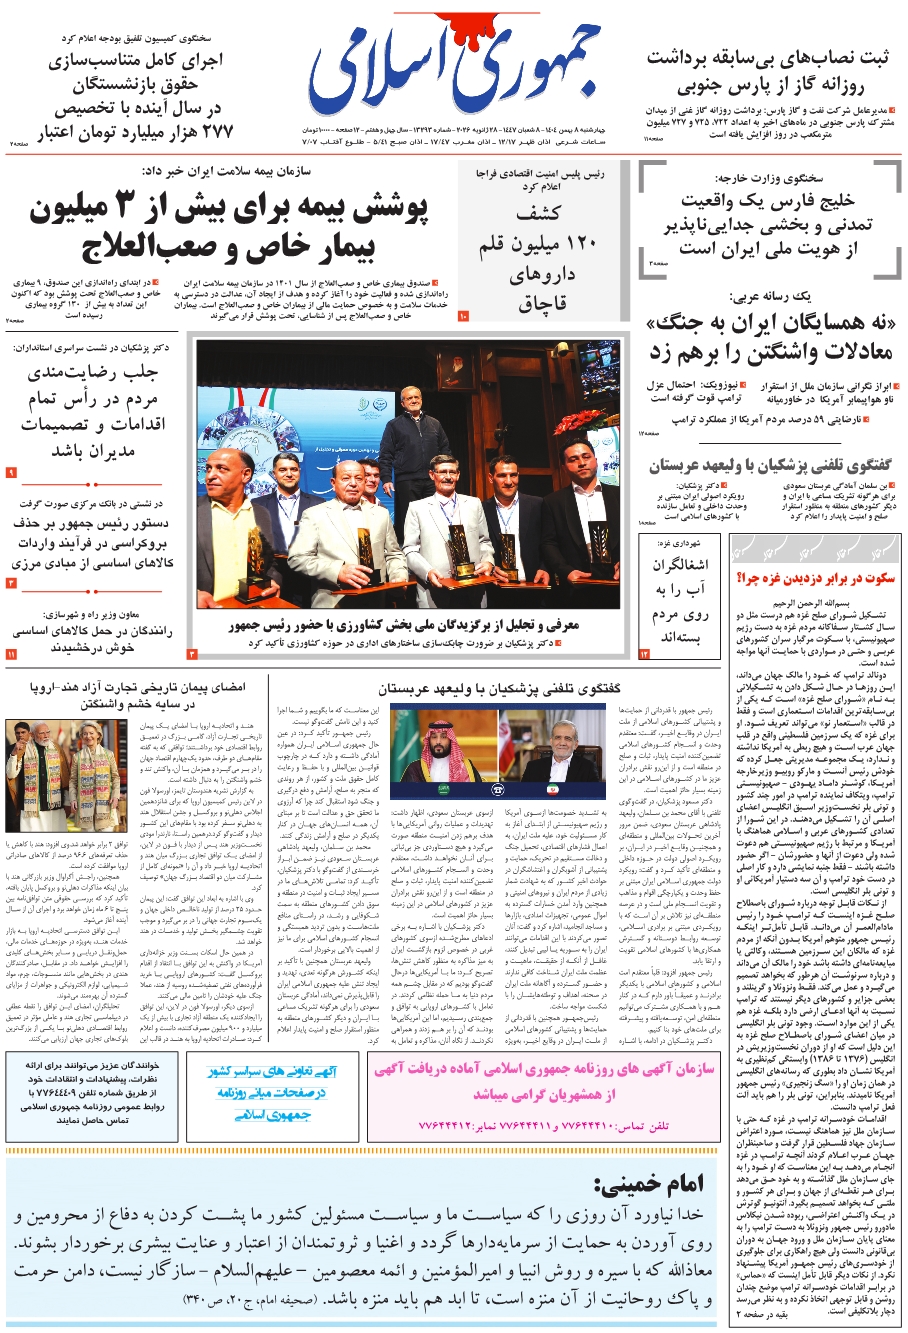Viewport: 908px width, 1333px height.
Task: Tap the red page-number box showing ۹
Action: [11, 472]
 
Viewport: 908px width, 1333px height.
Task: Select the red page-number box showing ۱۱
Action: [11, 654]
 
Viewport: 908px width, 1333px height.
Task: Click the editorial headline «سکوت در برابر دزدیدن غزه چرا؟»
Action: [816, 578]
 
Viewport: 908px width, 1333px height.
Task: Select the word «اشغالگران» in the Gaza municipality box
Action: [680, 565]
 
